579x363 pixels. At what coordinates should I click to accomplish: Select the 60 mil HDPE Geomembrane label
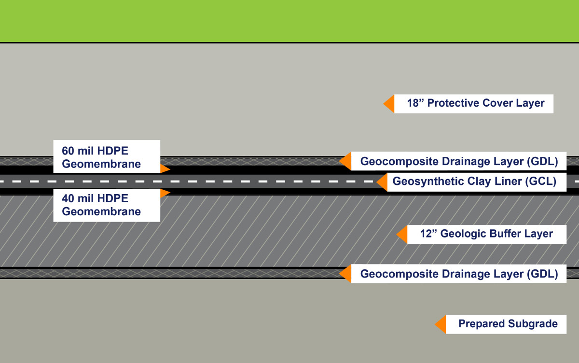106,156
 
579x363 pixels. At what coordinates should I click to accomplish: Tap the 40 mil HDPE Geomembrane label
106,205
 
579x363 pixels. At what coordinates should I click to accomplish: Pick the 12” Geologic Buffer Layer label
480,234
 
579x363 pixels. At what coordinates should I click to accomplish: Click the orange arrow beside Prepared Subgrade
440,324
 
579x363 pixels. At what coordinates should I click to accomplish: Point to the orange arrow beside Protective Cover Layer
389,103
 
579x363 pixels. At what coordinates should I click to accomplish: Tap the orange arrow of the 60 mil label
165,169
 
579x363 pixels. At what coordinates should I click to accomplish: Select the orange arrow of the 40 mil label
165,193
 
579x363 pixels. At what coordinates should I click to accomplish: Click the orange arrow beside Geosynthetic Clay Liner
382,182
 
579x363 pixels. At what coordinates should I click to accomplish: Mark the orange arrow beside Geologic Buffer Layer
402,234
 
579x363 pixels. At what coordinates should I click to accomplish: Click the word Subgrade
534,324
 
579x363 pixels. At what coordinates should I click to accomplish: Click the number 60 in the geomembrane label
68,150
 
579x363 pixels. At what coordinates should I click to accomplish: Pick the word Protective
452,103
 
